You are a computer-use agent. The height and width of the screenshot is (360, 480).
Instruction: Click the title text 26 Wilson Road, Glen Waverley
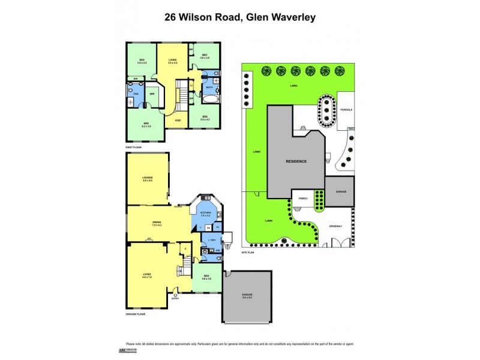click(240, 17)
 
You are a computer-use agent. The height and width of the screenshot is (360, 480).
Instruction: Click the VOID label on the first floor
click(178, 121)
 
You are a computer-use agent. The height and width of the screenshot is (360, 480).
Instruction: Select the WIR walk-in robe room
click(152, 94)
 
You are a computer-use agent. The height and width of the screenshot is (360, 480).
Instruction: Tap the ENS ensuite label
click(136, 94)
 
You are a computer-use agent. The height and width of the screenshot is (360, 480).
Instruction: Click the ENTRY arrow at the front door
click(175, 295)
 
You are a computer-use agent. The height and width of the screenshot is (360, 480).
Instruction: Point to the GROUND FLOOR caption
click(136, 314)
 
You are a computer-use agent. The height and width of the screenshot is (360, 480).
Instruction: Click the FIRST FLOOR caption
click(133, 146)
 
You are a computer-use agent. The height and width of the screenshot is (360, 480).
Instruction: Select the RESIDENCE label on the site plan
click(296, 161)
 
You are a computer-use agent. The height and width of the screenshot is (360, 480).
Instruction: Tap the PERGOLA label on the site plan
click(347, 110)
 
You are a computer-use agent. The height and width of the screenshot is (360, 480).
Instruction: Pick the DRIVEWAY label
click(335, 226)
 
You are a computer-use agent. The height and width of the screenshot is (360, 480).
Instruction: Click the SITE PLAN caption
click(248, 253)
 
